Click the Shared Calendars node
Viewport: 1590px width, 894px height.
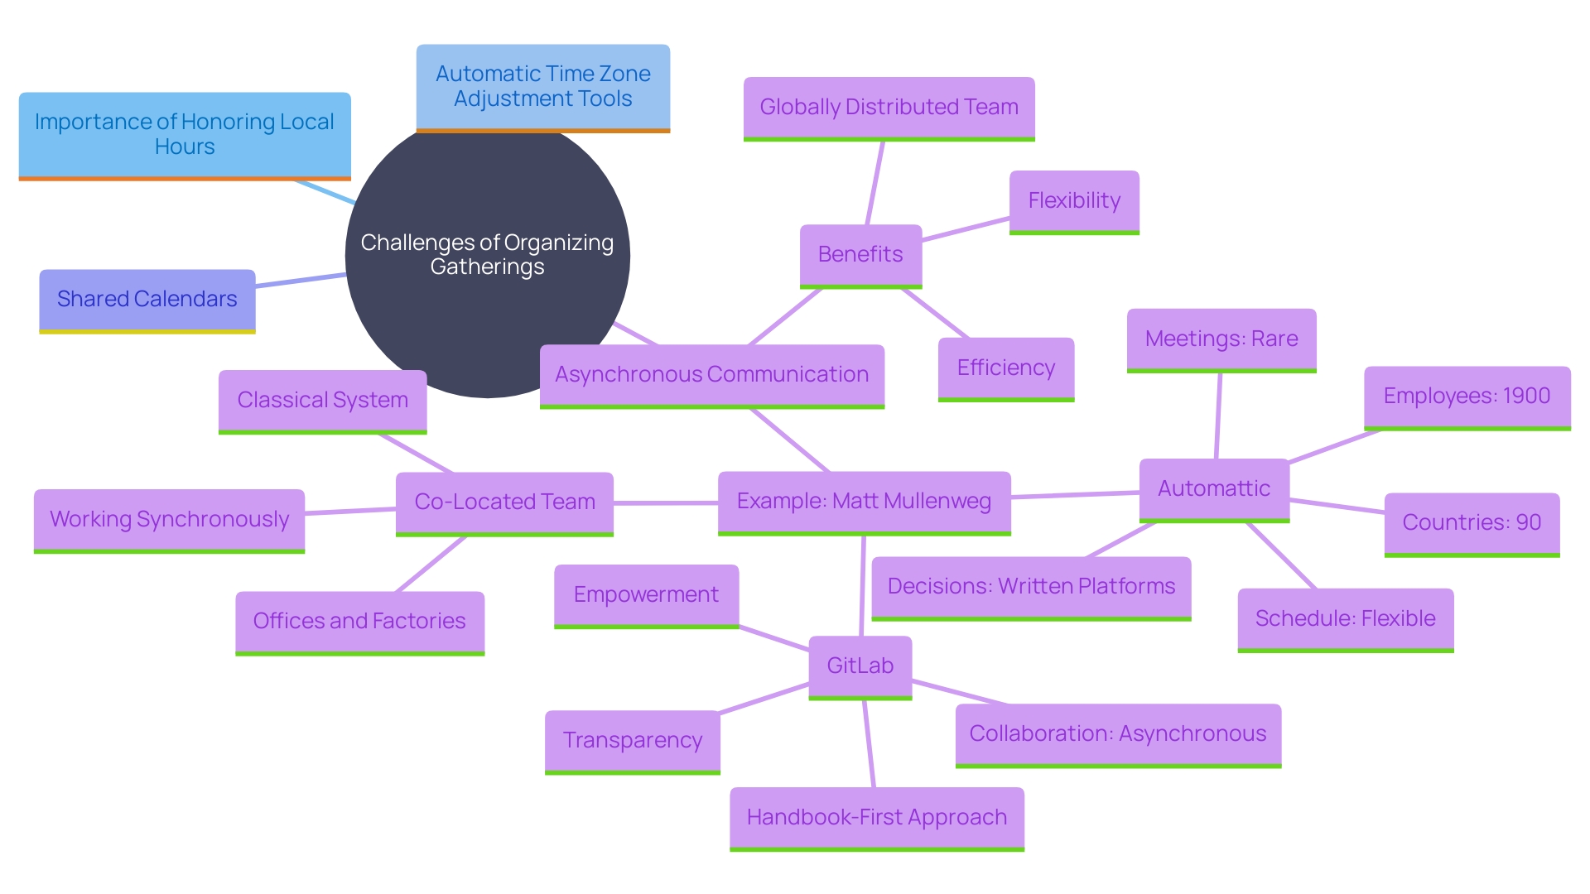coord(147,300)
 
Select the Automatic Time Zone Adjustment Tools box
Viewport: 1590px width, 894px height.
coord(542,87)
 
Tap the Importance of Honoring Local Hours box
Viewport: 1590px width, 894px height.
coord(185,135)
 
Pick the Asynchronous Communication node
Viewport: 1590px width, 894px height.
coord(711,375)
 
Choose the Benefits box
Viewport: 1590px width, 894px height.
coord(860,255)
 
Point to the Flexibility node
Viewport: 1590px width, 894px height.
coord(1074,201)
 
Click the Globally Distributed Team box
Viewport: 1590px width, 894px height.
coord(889,108)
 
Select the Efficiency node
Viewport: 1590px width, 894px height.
coord(1005,368)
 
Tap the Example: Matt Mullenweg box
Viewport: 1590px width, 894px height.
coord(864,502)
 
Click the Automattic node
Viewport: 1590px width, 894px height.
coord(1214,489)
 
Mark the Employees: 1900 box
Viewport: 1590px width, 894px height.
coord(1467,397)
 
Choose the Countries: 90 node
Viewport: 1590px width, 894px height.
coord(1472,523)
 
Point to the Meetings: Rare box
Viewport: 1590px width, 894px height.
coord(1221,339)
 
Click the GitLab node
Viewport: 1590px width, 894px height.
coord(860,666)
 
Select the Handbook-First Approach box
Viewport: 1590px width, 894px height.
coord(876,818)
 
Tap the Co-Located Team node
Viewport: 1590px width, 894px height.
coord(504,502)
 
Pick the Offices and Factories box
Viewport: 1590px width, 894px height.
coord(359,622)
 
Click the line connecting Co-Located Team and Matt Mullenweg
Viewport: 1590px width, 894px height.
coord(665,502)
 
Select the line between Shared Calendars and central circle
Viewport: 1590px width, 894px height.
coord(300,281)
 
